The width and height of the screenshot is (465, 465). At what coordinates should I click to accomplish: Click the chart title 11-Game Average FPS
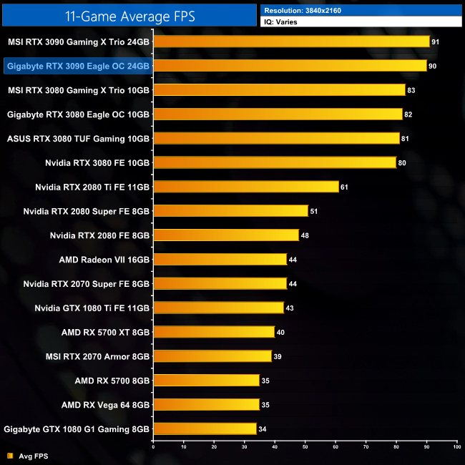(129, 14)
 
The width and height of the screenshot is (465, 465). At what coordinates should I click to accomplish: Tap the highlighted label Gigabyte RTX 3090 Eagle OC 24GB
(77, 66)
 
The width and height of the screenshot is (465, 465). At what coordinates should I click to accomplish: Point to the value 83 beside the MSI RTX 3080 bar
(411, 90)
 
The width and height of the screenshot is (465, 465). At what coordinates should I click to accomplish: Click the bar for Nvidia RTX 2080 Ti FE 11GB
(245, 187)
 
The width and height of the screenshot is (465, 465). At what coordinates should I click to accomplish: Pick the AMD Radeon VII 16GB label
(104, 260)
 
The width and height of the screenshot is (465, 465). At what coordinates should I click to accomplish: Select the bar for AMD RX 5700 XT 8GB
(214, 332)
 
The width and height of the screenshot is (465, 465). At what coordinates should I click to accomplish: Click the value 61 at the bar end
(345, 187)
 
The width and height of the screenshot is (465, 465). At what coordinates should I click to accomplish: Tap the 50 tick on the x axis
(305, 447)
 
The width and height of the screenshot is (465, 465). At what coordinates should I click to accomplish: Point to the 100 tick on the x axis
(456, 447)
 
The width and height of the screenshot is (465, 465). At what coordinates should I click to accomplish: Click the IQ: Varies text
(282, 22)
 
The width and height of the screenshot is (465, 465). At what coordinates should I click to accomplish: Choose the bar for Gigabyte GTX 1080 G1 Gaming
(205, 429)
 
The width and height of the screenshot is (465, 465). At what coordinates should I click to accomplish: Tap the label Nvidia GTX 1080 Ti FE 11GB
(92, 308)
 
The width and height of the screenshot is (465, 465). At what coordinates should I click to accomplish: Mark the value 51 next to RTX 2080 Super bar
(314, 211)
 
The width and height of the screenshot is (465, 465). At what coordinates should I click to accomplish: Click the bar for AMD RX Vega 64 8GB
(206, 404)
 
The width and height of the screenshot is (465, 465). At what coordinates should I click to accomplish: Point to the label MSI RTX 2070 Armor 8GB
(98, 356)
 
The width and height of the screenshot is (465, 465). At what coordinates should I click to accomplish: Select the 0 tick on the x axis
(154, 447)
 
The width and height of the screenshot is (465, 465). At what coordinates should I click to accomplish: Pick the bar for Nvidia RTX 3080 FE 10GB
(275, 162)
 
